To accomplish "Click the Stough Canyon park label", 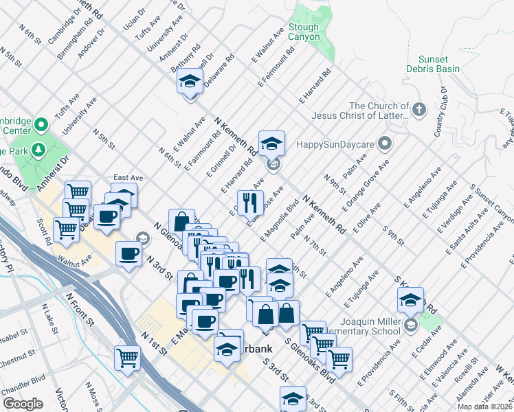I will [x=304, y=32].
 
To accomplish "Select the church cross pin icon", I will [x=419, y=108].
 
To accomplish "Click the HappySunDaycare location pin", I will [x=384, y=144].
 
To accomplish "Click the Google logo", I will [x=23, y=404].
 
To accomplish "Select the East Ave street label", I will [x=128, y=177].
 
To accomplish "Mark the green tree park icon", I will [x=39, y=149].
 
